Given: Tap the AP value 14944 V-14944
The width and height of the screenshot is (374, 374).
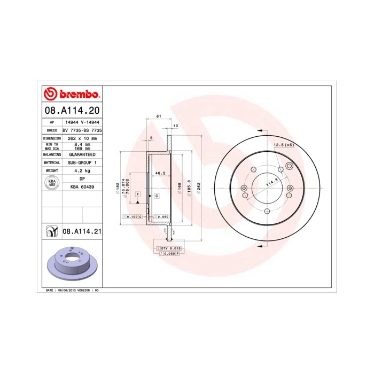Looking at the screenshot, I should click(82, 122).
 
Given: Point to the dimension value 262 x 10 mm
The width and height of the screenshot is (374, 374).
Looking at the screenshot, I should click(82, 138).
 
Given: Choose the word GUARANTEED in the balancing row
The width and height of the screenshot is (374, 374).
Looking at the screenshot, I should click(82, 154).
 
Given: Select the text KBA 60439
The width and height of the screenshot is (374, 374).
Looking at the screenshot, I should click(82, 187).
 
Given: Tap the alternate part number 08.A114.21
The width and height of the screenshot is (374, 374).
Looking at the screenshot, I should click(82, 232).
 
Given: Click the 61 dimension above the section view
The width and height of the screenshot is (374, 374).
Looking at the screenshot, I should click(158, 116).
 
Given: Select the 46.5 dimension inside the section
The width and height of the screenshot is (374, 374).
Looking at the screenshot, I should click(159, 174).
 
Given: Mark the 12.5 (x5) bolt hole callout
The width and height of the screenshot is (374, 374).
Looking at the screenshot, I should click(284, 145).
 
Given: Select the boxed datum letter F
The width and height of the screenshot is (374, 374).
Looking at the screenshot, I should click(137, 193).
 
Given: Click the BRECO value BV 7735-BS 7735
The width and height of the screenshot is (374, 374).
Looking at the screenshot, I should click(82, 130).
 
